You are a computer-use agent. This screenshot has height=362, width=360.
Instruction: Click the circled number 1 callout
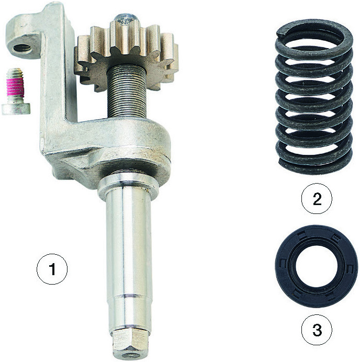click(x=52, y=269)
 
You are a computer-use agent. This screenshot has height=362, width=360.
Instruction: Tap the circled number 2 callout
click(x=317, y=199)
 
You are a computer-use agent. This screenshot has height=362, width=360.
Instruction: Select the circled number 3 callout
click(x=317, y=330)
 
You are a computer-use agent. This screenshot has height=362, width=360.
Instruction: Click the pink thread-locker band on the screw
click(x=15, y=87)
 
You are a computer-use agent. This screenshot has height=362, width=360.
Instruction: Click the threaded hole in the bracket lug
click(x=22, y=48)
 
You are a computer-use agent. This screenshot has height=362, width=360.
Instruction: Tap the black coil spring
click(x=314, y=97)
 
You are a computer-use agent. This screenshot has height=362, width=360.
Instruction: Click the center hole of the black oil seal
click(x=317, y=266)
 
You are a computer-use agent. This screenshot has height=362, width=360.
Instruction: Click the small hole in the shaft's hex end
click(x=129, y=355)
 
